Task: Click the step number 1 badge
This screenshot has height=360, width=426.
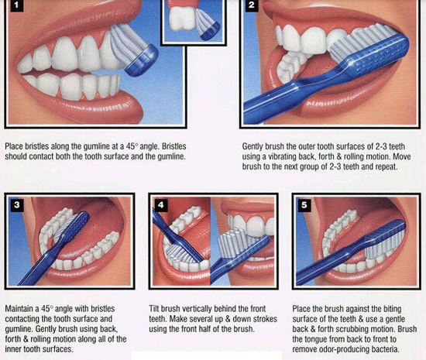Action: click(x=17, y=5)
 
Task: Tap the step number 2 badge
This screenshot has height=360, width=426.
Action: click(x=252, y=5)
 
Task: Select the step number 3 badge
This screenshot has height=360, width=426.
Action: click(x=16, y=204)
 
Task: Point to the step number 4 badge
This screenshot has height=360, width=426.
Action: click(x=161, y=204)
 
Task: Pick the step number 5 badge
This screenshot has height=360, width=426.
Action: click(x=304, y=204)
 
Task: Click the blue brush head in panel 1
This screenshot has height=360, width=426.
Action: click(x=142, y=60)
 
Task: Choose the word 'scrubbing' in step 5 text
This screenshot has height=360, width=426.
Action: click(x=352, y=329)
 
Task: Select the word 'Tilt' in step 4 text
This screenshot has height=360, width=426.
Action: click(x=154, y=309)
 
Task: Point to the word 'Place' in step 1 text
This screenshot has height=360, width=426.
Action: click(x=14, y=146)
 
